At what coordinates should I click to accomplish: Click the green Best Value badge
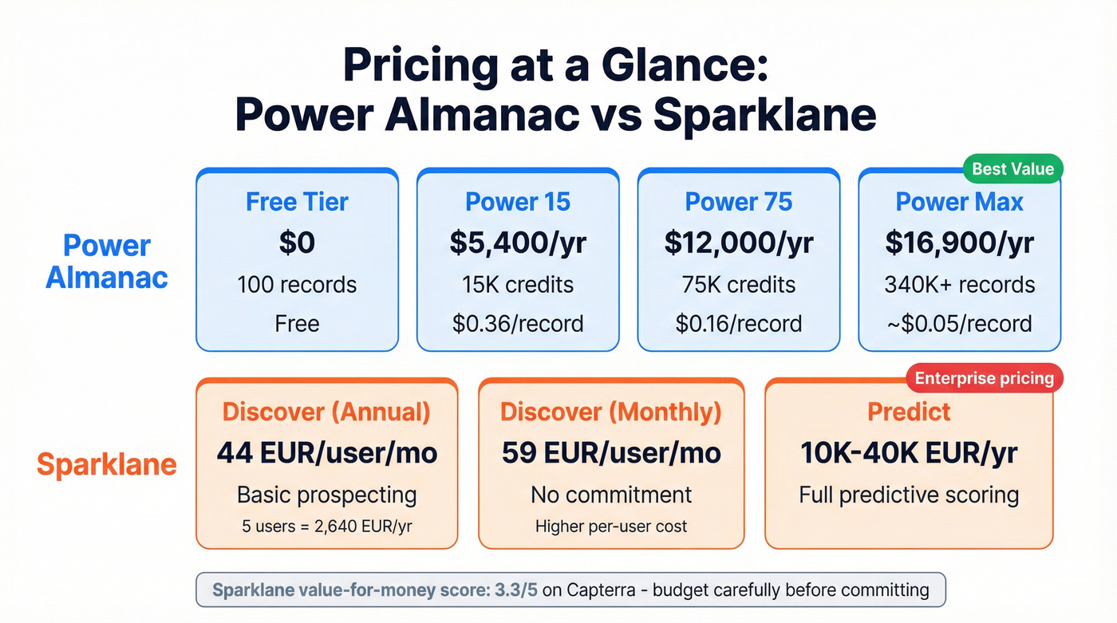[x=1012, y=169]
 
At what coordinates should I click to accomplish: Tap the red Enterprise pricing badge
[x=984, y=377]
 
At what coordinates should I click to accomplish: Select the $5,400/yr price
[x=518, y=243]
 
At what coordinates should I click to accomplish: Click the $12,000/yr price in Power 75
[x=739, y=243]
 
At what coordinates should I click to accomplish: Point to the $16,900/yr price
[x=959, y=243]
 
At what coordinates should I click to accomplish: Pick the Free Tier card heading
[x=297, y=202]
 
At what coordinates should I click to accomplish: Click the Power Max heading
[x=959, y=202]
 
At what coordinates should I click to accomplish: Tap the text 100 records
[x=297, y=285]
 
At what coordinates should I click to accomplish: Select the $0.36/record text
[x=518, y=324]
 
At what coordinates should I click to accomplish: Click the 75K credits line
[x=739, y=285]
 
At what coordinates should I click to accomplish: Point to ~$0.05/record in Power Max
[x=959, y=324]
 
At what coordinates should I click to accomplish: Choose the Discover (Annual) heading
[x=326, y=412]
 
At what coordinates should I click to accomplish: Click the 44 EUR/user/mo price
[x=326, y=453]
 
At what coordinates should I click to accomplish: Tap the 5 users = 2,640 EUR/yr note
[x=326, y=526]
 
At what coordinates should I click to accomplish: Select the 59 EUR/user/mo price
[x=611, y=453]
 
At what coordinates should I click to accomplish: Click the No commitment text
[x=611, y=495]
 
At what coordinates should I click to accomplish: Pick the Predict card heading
[x=909, y=412]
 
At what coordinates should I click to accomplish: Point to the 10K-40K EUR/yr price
[x=909, y=453]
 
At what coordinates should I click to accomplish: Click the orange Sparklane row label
[x=107, y=464]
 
